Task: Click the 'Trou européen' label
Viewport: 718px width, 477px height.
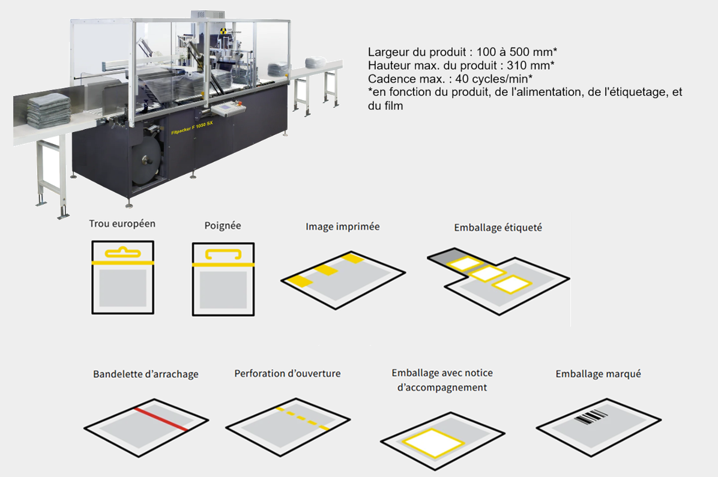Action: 122,224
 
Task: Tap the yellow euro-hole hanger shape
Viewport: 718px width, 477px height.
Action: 122,252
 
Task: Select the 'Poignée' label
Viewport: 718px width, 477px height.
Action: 223,226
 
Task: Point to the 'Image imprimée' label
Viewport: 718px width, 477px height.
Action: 343,227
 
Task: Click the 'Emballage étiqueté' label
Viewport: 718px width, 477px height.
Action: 498,227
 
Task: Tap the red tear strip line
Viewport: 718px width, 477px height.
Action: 161,419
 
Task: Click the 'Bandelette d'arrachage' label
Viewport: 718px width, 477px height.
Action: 146,374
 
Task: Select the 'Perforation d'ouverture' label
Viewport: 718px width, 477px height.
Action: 288,374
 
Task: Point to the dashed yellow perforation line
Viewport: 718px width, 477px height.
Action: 303,418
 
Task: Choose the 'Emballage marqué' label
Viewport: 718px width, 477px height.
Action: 598,374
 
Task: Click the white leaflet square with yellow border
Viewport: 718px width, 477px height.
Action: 433,443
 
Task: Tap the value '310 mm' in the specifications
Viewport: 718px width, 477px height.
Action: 528,65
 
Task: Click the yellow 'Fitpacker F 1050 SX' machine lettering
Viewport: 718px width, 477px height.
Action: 192,128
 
